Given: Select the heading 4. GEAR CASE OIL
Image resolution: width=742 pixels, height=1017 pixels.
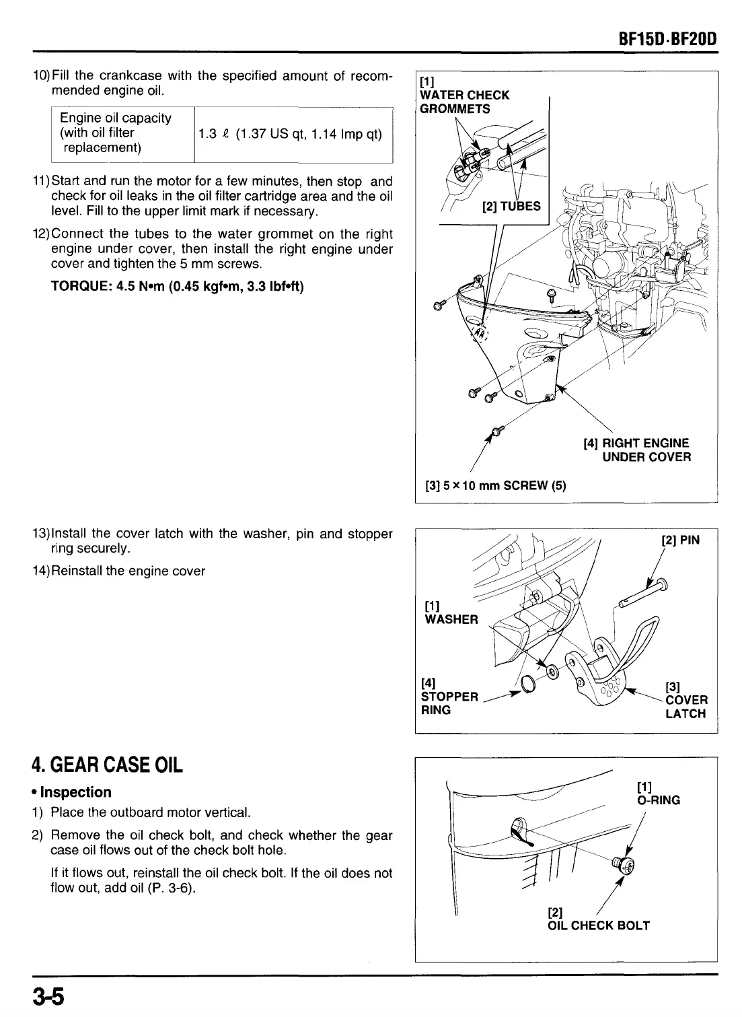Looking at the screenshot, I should tap(108, 765).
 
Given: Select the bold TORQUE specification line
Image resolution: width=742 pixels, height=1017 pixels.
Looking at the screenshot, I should tap(178, 287).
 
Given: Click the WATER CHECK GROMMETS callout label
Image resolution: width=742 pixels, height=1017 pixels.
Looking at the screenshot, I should tap(464, 102).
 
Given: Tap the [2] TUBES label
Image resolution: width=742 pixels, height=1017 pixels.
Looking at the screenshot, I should tap(511, 206).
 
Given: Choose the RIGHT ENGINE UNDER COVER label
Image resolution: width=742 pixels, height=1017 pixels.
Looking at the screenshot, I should tap(636, 450).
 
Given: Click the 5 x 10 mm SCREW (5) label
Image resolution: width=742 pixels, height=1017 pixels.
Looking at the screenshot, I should tap(495, 485).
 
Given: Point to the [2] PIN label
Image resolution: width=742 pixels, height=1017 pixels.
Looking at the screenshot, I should tap(681, 540).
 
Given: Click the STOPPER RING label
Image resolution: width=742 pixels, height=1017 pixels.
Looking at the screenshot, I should tap(449, 696).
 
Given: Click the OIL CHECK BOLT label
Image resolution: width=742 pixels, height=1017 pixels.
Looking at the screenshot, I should tap(599, 925).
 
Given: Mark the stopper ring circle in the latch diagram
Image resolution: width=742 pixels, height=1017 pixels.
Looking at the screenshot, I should tap(528, 685).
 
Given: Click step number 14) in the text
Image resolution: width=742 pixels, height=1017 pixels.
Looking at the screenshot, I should tap(41, 571).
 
